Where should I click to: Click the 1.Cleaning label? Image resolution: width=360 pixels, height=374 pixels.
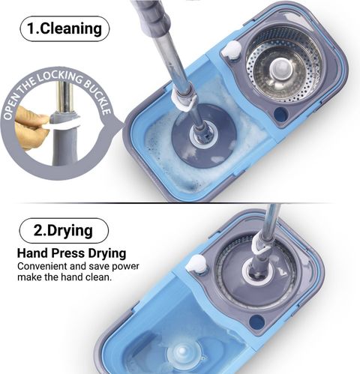click(x=64, y=28)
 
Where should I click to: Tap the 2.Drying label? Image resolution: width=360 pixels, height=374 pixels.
click(x=64, y=230)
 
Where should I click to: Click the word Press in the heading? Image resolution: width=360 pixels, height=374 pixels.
click(x=67, y=253)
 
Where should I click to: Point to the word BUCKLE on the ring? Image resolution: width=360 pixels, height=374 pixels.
click(x=98, y=96)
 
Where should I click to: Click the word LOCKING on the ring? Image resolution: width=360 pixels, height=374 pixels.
click(x=60, y=77)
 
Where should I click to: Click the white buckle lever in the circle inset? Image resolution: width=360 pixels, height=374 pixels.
click(x=62, y=124)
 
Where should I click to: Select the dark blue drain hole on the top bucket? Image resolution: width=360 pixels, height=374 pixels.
click(x=280, y=115)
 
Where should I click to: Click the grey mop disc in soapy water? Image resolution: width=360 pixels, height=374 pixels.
click(x=204, y=136)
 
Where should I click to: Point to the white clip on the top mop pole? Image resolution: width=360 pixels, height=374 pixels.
click(x=184, y=102)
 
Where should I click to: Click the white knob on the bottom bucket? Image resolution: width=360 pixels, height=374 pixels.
click(x=196, y=265)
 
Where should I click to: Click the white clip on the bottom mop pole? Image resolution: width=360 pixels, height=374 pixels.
click(x=261, y=246)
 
